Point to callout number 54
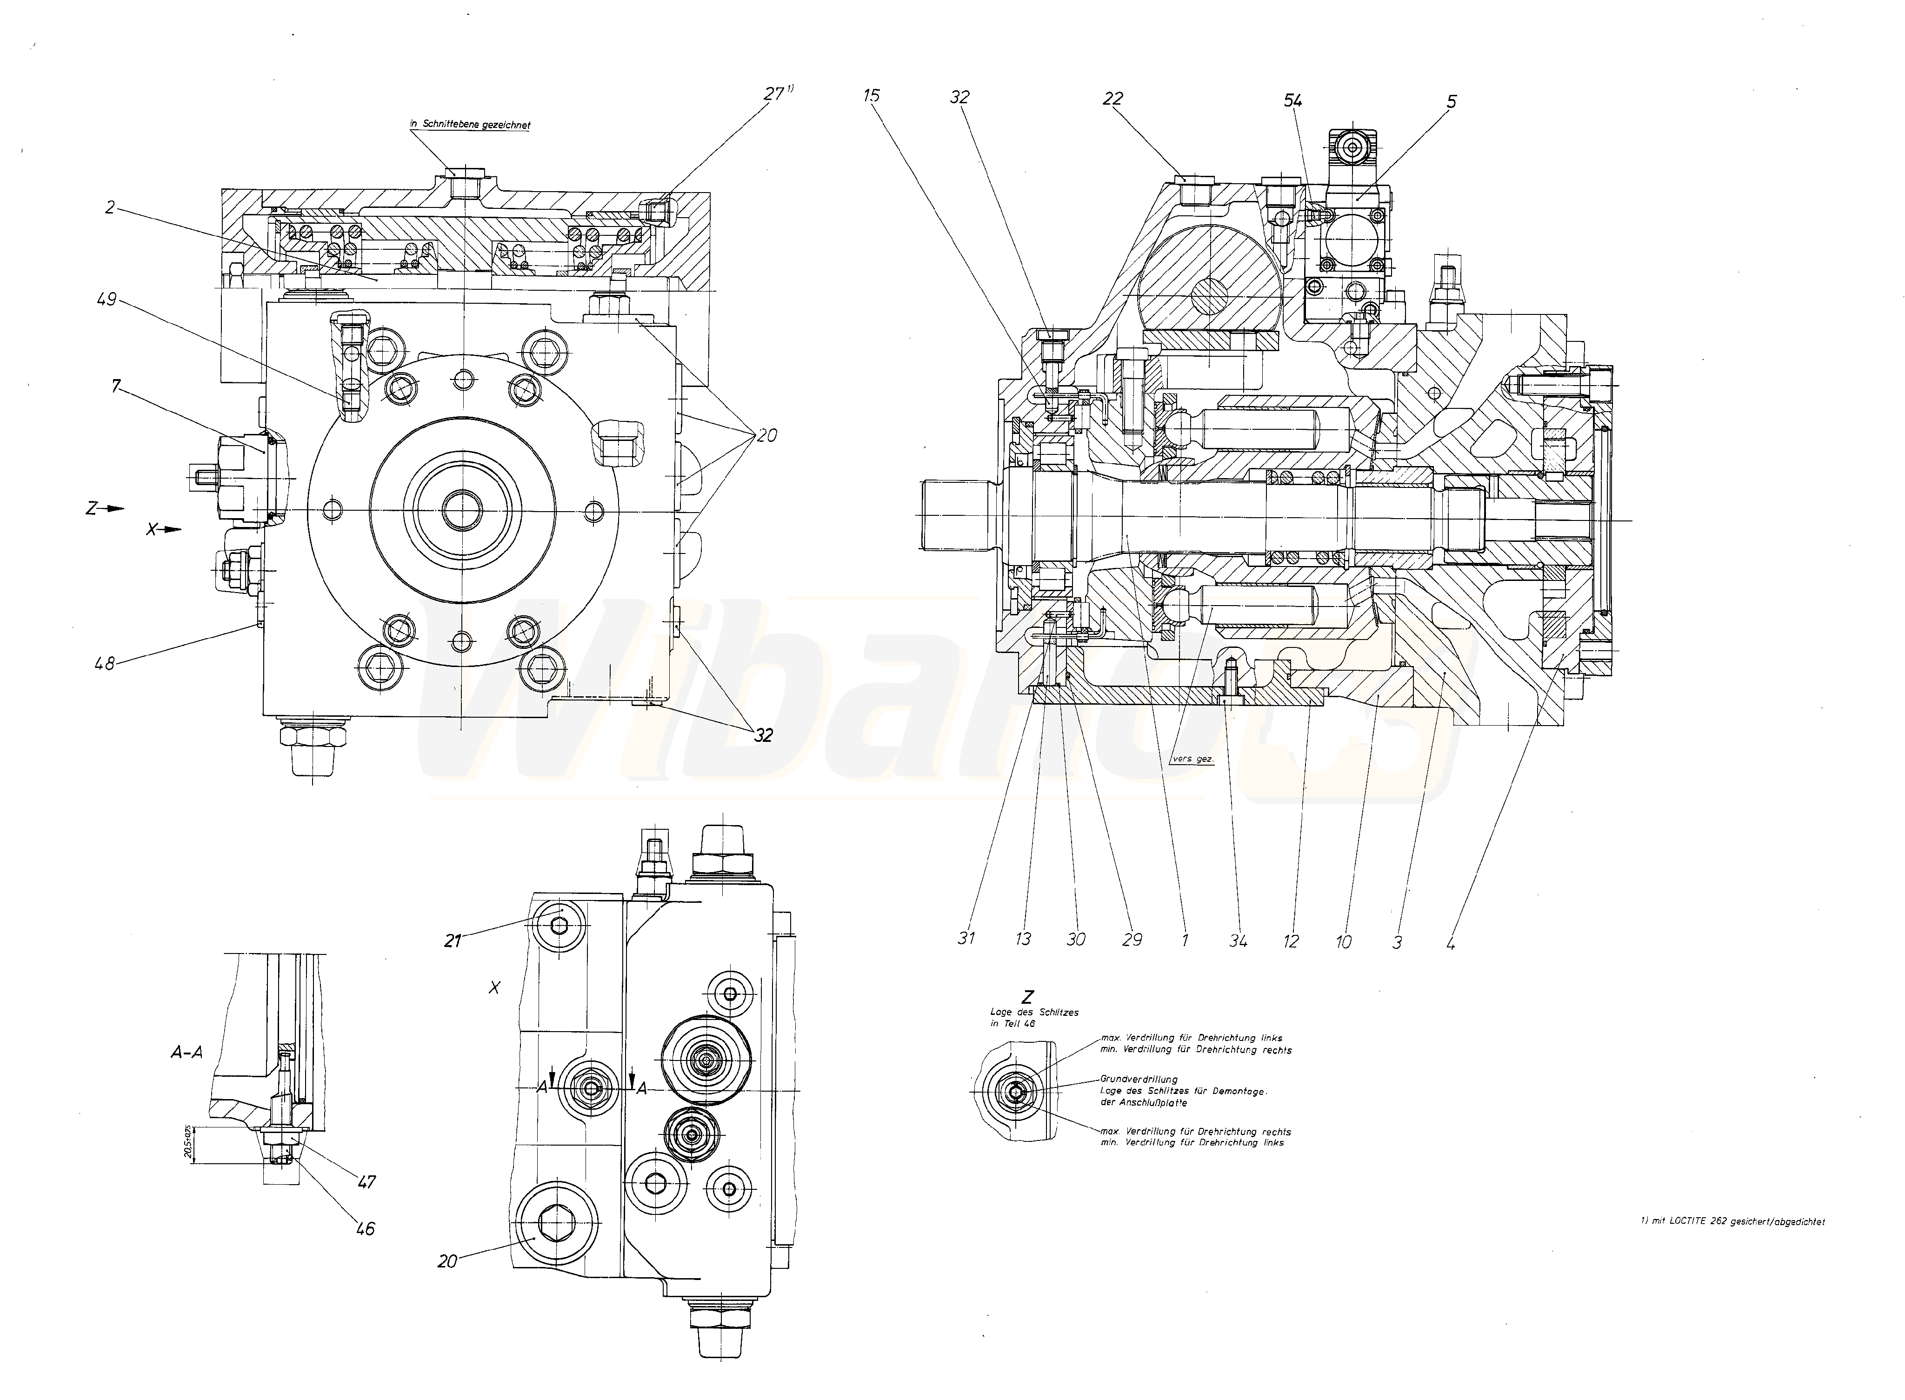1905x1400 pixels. point(1292,101)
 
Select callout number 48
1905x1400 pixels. point(105,664)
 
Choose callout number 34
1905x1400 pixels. point(1238,940)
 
